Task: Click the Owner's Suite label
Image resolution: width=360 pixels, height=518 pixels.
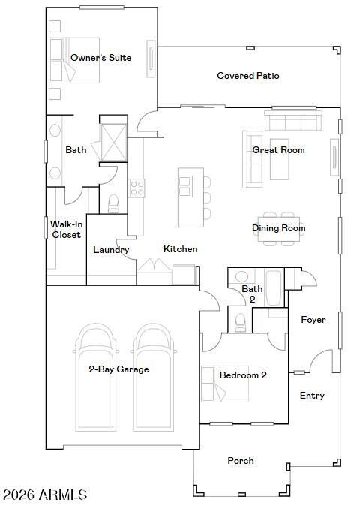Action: tap(100, 58)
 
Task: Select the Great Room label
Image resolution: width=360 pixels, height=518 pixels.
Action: tap(278, 150)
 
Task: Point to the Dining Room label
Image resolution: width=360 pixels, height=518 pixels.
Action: tap(278, 228)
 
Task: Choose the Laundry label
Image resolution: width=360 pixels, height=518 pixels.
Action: tap(111, 250)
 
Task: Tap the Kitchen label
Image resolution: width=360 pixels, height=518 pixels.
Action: tap(181, 249)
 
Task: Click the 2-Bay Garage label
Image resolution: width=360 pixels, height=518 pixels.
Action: tap(118, 369)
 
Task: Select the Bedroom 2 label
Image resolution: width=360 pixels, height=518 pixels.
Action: tap(243, 375)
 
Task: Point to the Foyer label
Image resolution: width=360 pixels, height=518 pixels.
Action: tap(313, 320)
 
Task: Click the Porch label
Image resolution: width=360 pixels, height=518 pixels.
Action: tap(241, 461)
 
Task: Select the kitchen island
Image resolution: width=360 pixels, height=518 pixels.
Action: tap(188, 197)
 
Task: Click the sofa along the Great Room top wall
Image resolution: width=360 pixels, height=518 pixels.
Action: tap(293, 122)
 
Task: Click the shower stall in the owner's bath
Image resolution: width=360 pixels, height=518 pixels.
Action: tap(114, 140)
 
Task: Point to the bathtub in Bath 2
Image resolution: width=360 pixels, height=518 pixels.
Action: tap(274, 288)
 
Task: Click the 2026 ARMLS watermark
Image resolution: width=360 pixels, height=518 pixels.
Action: tap(45, 495)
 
